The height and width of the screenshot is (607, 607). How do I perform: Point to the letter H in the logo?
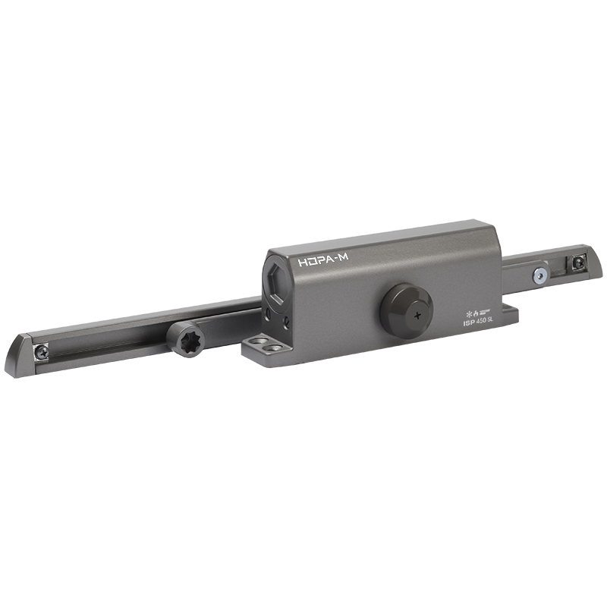(303, 262)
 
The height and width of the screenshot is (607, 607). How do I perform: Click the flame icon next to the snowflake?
(476, 312)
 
